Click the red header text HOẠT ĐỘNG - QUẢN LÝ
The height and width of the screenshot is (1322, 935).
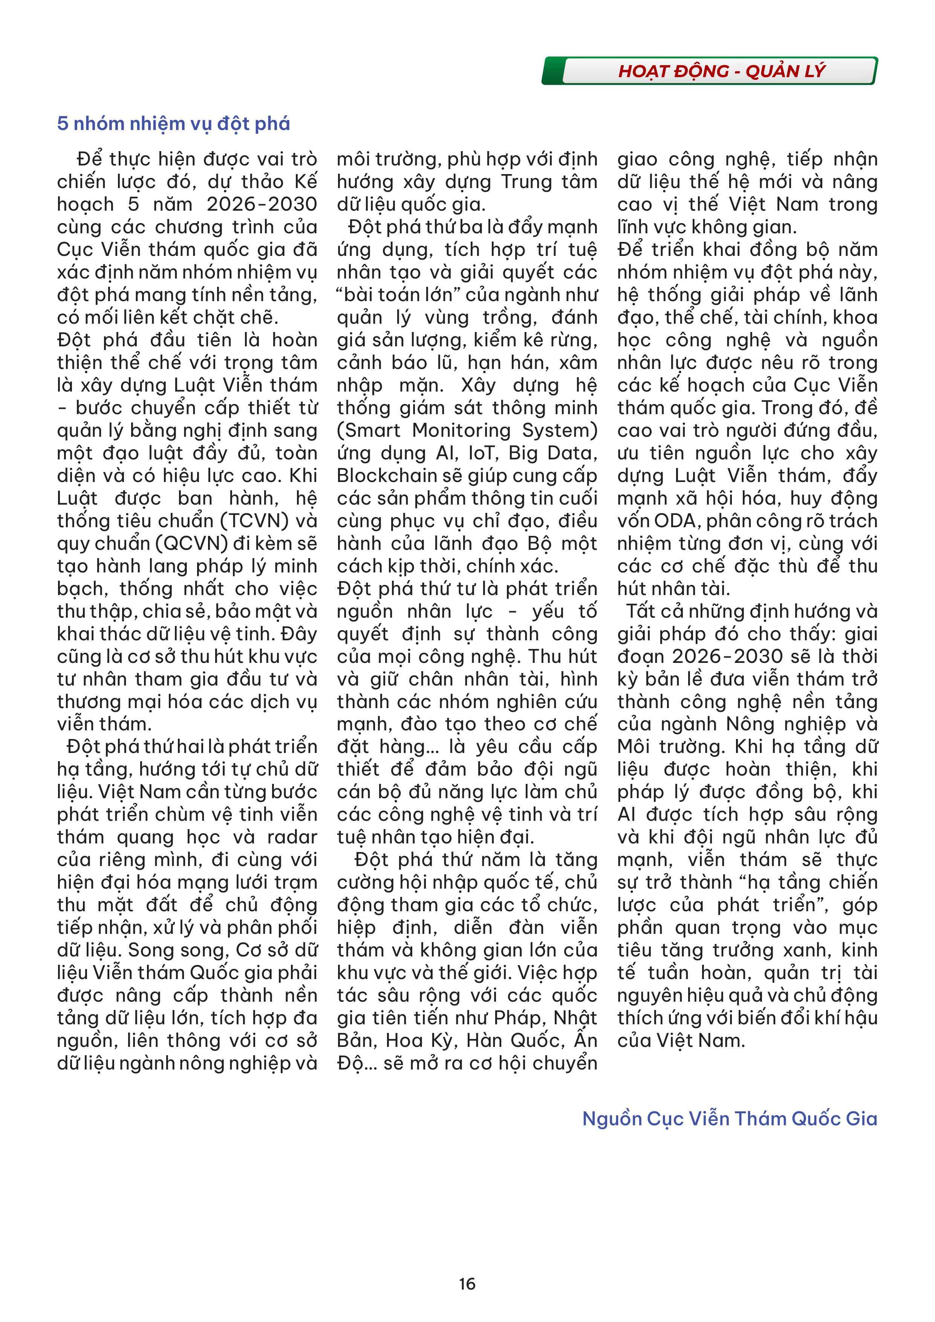click(721, 71)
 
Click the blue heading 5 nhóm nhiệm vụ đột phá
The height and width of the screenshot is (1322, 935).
click(173, 124)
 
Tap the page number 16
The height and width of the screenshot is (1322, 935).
click(467, 1284)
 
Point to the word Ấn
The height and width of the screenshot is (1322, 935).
click(586, 1039)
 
